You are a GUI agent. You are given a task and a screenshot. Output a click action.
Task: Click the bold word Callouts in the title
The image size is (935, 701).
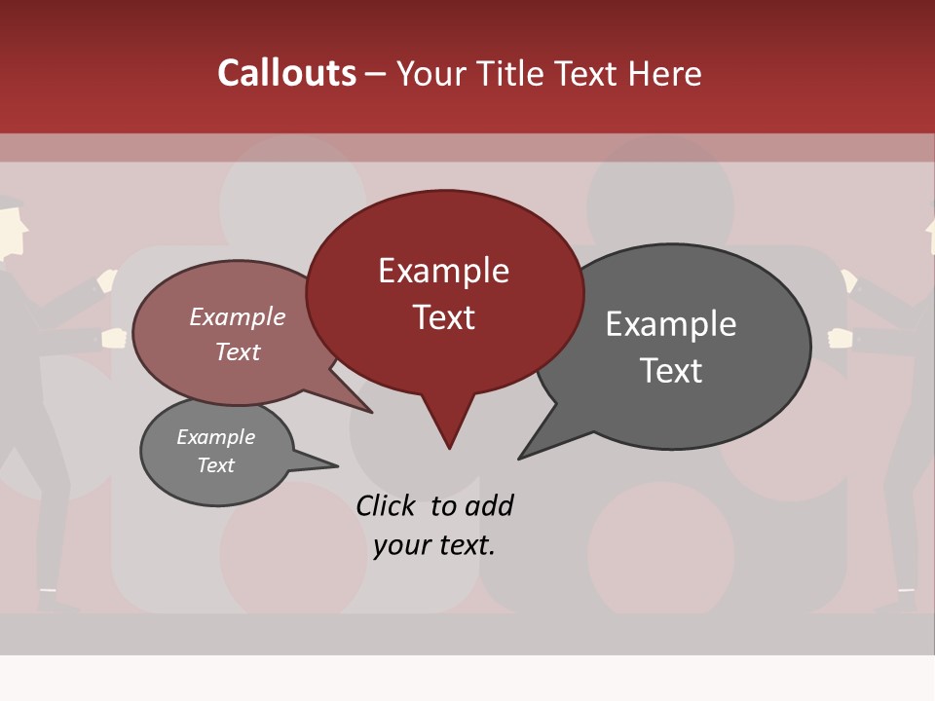point(286,73)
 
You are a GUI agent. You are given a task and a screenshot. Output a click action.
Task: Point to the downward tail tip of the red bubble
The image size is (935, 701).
point(449,447)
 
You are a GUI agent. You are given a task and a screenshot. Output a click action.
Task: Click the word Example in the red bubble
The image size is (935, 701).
point(444,271)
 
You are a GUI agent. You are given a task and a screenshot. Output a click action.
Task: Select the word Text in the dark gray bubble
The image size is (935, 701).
point(671,371)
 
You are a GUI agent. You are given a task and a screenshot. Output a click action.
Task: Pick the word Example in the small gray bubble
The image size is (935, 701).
point(215,437)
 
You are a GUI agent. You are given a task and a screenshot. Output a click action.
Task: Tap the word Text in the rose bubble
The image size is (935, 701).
point(238,351)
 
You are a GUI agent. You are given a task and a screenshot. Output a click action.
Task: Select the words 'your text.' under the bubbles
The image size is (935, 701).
point(434,545)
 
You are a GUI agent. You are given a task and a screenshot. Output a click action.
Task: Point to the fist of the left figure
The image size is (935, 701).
point(115,338)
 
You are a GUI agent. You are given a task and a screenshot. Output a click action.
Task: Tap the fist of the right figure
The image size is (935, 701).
point(840,338)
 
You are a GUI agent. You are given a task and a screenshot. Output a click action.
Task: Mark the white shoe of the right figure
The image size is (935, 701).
point(907,590)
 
